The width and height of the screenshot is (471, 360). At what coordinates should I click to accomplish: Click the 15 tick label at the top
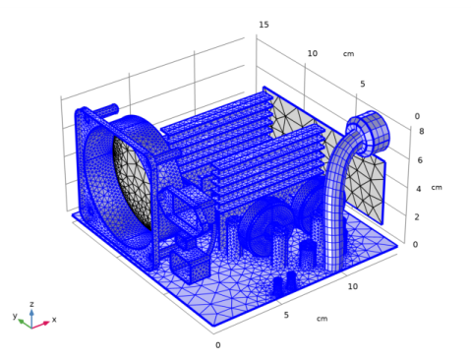click(264, 25)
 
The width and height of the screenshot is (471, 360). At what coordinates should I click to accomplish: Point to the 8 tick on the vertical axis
click(421, 132)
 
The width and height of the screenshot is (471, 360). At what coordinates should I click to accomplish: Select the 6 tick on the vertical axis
click(420, 160)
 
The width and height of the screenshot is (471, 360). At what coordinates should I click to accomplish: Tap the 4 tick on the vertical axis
click(418, 189)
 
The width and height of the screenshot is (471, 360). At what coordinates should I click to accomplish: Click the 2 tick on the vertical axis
click(417, 217)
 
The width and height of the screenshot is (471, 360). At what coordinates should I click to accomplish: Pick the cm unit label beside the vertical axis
click(437, 188)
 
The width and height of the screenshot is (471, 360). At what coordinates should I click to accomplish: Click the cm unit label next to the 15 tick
click(348, 54)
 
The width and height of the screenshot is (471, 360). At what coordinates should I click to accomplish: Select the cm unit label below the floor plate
click(322, 319)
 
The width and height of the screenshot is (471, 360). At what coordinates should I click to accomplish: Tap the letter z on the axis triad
click(31, 304)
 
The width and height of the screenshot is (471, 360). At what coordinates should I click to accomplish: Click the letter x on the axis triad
click(54, 319)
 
